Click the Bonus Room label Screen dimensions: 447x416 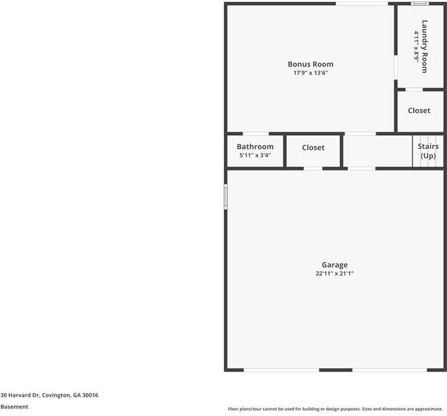coord(310,64)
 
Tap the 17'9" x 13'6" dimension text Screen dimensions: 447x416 coord(310,73)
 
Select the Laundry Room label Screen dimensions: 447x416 coord(425,46)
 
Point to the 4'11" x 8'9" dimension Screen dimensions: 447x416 coord(417,46)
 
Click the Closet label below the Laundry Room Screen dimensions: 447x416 coord(419,110)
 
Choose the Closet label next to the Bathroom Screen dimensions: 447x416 coord(313,148)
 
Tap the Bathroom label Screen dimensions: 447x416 coord(255,146)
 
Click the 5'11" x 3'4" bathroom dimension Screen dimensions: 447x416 coord(255,155)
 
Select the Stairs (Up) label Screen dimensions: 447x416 coord(428,151)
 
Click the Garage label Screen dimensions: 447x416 coord(335,265)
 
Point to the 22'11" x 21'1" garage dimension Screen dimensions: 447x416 coord(335,273)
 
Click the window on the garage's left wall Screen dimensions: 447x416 coord(225,197)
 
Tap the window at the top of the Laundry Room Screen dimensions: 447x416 coord(420,3)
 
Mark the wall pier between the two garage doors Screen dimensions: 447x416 coord(335,370)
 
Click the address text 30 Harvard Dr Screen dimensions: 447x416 coord(20,395)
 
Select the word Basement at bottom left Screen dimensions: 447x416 coord(15,407)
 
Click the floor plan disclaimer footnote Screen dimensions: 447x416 coord(335,409)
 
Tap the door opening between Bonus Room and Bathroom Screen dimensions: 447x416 coord(256,133)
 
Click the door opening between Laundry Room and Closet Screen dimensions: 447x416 coord(414,89)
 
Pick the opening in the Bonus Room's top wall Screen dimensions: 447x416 coord(362,3)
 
